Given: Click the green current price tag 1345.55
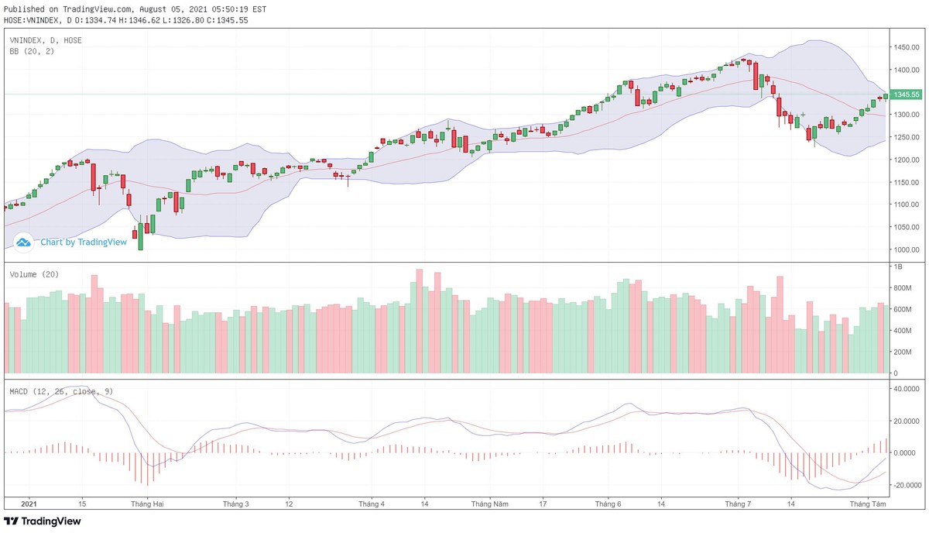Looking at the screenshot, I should point(907,95).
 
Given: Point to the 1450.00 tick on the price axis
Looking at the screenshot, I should point(906,48).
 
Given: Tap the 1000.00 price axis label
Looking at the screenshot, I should point(906,249).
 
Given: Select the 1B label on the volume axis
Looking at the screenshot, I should point(899,266).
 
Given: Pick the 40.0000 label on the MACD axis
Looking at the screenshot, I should point(907,389).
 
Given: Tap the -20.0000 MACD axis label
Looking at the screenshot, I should point(907,485).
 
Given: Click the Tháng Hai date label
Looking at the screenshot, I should point(147,504).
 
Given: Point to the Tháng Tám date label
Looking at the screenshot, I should point(867,504).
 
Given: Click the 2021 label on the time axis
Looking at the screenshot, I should point(29,504).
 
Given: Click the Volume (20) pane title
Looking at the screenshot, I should point(34,274).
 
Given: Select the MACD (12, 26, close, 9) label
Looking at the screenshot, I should point(61,391).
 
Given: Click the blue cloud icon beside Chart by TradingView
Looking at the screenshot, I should point(23,242).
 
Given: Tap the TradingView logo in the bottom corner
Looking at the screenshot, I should point(43,521).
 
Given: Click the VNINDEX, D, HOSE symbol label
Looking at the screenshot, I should point(46,40).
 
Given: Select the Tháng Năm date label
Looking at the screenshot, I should point(491,504).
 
